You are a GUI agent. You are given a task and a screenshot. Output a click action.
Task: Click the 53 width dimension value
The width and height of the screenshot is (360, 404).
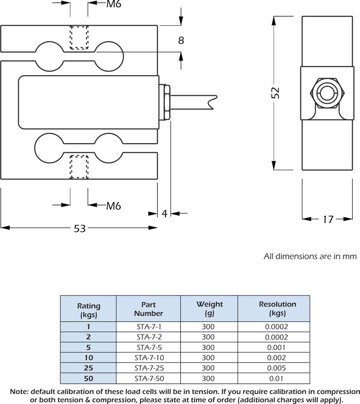click(80, 229)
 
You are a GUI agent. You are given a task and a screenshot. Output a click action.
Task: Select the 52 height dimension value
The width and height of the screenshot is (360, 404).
click(276, 92)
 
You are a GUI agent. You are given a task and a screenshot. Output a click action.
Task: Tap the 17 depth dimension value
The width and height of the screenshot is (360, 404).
click(328, 219)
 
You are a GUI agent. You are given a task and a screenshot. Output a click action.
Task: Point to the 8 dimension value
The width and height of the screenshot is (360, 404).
click(181, 40)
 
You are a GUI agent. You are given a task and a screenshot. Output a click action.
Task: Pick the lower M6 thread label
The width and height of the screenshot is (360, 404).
click(114, 206)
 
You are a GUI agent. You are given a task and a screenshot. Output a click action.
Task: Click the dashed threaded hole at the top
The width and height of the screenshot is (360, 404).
click(79, 38)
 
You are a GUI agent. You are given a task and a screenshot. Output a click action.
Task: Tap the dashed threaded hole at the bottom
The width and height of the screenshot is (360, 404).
click(79, 166)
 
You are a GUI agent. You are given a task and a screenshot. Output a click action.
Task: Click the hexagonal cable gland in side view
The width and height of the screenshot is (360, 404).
click(326, 94)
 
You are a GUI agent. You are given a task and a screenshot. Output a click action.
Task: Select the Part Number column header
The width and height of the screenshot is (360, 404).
click(148, 309)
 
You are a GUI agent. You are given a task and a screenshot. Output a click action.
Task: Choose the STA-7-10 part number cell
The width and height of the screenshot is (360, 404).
click(148, 358)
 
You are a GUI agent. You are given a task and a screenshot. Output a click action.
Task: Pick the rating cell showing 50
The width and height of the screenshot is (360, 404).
click(89, 378)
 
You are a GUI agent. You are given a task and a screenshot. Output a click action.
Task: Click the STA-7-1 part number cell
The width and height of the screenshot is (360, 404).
click(148, 327)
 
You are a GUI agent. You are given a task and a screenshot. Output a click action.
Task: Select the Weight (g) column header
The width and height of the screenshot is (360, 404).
click(209, 309)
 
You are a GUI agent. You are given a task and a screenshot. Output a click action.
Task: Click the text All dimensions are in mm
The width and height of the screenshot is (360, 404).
click(310, 257)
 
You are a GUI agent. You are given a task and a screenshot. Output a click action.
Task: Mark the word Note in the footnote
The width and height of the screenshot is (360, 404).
click(19, 390)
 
